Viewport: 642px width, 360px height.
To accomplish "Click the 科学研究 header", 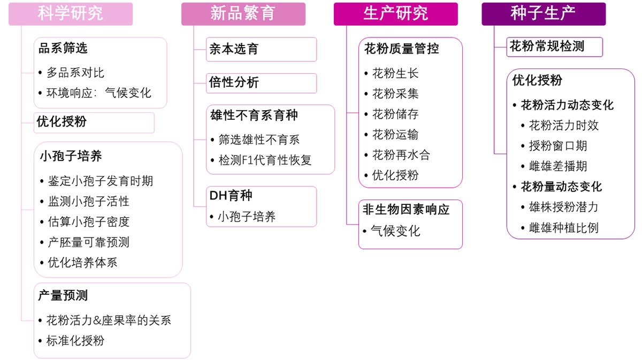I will click(x=71, y=14).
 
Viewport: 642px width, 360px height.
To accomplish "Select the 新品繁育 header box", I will click(x=243, y=14).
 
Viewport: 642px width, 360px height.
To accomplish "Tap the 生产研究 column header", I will click(x=395, y=14).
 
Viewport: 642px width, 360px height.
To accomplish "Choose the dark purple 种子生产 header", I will click(x=543, y=14).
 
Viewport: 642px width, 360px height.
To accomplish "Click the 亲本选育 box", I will click(x=261, y=49).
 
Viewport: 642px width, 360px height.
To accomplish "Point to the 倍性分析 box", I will click(x=261, y=83).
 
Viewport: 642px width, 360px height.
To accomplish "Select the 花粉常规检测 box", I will click(x=554, y=47).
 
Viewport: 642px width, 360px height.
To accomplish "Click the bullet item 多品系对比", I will click(x=75, y=72).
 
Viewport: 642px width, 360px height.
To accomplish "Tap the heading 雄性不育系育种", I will click(x=254, y=115).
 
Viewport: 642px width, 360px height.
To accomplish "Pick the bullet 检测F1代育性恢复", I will click(x=265, y=160).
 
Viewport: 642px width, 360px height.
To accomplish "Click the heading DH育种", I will click(x=231, y=196).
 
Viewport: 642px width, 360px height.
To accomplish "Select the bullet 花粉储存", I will click(x=395, y=114).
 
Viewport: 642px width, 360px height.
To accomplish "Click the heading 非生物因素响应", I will click(x=406, y=210).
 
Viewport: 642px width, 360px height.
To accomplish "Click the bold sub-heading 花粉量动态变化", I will click(x=561, y=187).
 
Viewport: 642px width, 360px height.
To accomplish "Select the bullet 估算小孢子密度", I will click(x=88, y=221).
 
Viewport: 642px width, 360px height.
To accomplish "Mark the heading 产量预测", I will click(x=63, y=295).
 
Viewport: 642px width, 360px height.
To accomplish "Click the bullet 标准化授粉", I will click(x=75, y=341).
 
